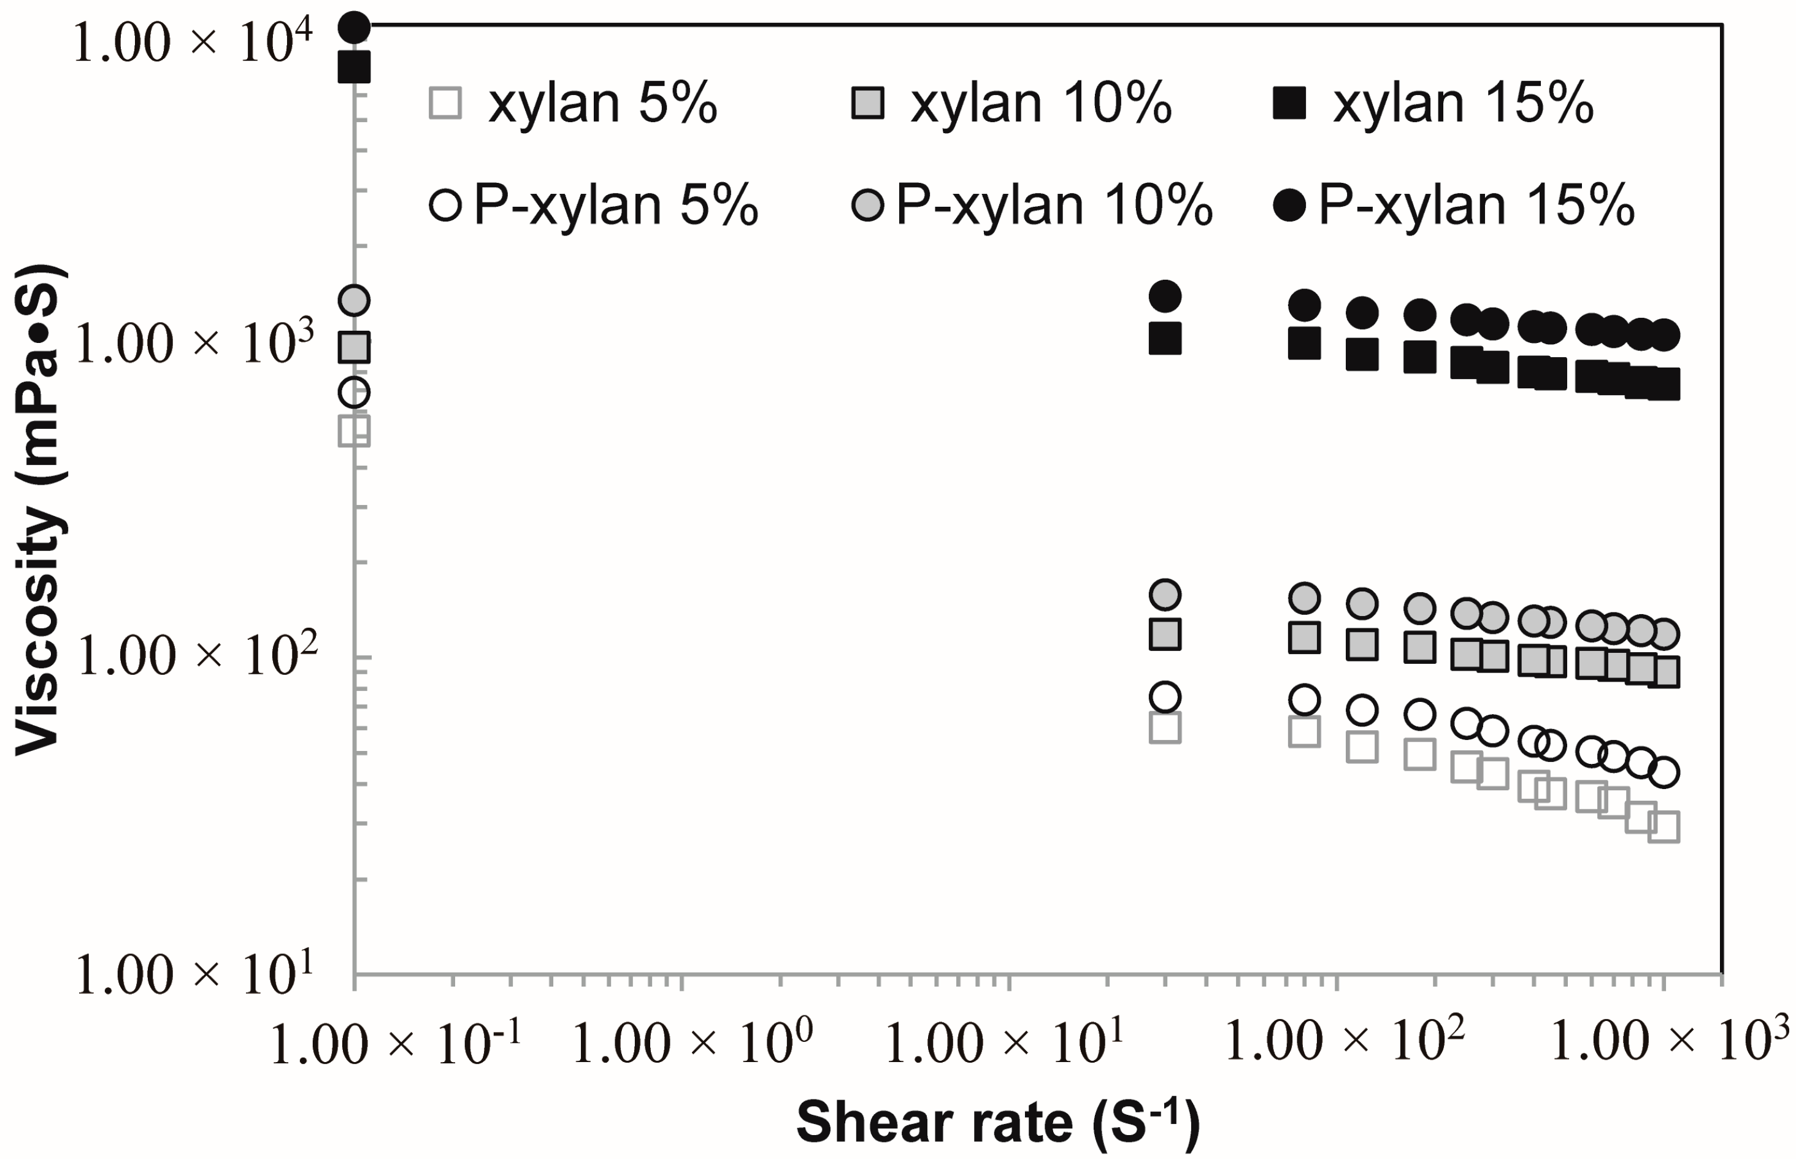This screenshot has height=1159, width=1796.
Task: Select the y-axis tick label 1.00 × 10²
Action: click(195, 655)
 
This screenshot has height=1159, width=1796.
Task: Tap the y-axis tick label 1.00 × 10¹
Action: click(194, 974)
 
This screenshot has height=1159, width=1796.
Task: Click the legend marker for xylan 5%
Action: click(445, 103)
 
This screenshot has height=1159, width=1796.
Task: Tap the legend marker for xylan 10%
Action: click(867, 103)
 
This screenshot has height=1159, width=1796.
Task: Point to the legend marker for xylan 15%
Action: click(1289, 103)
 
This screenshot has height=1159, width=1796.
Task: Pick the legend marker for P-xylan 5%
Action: click(445, 205)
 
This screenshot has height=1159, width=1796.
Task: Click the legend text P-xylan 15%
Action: click(1476, 205)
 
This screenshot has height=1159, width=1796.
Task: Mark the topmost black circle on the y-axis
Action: click(355, 28)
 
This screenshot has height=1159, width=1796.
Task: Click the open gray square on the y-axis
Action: click(355, 431)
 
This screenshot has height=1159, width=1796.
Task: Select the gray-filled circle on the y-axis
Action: click(355, 300)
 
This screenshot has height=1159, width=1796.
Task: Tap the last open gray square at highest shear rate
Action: click(1664, 827)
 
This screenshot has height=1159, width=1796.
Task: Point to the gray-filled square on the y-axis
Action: click(355, 347)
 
